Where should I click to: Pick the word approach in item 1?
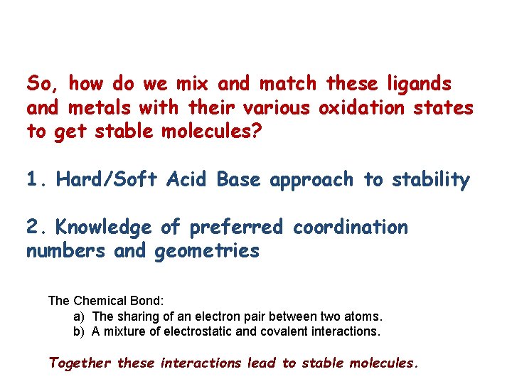[x=311, y=181]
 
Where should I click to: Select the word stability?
[x=430, y=181]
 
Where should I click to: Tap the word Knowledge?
[x=103, y=228]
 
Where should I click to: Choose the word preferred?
[x=236, y=228]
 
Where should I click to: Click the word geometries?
[x=207, y=252]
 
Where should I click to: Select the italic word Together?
[x=80, y=363]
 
